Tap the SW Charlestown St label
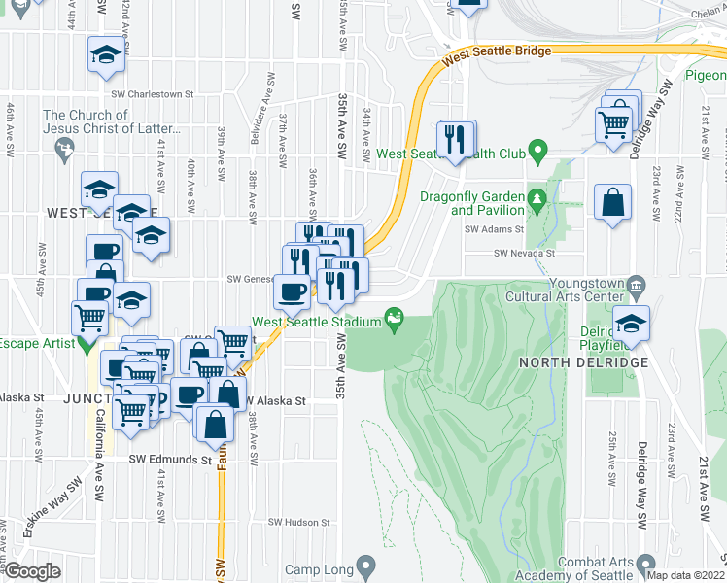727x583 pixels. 154,95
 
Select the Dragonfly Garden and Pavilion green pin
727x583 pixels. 536,202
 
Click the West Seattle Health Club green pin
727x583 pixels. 542,154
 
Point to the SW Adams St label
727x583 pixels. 495,230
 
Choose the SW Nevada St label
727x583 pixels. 524,253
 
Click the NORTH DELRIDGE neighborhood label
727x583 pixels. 583,362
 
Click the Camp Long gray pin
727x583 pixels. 365,566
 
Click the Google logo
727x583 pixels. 33,570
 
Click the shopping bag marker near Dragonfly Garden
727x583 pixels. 612,204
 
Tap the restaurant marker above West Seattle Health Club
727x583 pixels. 456,139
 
